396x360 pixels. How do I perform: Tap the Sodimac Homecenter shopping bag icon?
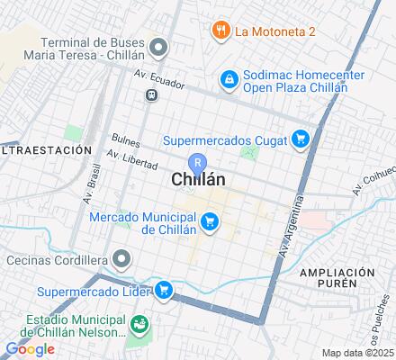pyautogui.click(x=230, y=80)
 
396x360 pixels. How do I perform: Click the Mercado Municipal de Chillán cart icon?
pyautogui.click(x=210, y=220)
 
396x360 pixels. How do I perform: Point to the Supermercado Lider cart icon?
pyautogui.click(x=164, y=290)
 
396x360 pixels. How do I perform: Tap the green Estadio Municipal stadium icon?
pyautogui.click(x=139, y=323)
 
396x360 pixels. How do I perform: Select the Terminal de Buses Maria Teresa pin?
pyautogui.click(x=159, y=46)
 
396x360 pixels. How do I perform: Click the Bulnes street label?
pyautogui.click(x=126, y=140)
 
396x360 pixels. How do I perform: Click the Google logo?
pyautogui.click(x=30, y=349)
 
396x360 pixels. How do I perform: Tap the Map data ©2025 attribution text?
pyautogui.click(x=359, y=353)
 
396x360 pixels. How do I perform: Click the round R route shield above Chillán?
pyautogui.click(x=199, y=160)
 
